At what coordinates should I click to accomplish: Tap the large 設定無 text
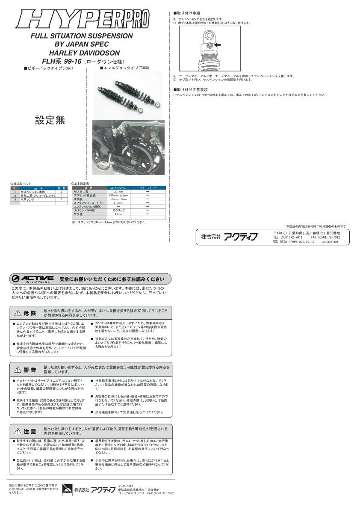point(50,120)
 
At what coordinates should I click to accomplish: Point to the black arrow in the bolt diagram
point(218,45)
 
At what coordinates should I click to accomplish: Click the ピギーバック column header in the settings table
point(148,188)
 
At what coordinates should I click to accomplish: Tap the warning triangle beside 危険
point(18,313)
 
